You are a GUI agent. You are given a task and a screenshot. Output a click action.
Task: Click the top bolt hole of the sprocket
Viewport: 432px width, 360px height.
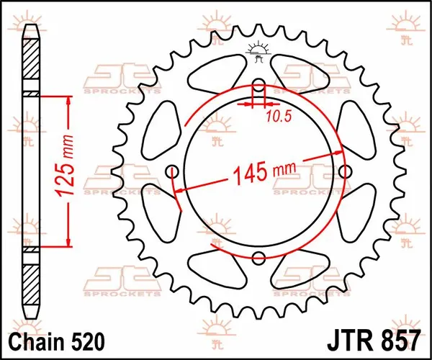258,87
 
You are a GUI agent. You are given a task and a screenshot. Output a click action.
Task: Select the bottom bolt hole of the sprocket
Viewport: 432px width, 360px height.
258,257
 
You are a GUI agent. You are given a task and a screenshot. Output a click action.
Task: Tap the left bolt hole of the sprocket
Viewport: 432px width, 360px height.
174,172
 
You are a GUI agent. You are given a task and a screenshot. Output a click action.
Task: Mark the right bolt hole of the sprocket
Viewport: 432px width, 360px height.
344,172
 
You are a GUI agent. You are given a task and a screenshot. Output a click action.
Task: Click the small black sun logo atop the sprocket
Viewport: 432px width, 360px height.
258,50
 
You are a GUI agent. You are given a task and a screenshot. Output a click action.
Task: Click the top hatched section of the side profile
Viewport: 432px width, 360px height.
32,65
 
